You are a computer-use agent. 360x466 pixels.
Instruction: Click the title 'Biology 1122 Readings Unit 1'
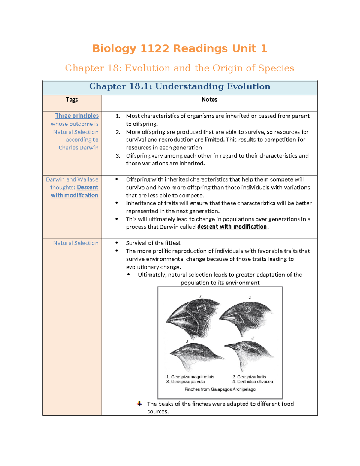pos(179,48)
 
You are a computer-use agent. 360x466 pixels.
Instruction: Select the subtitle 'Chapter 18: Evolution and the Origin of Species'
pos(179,68)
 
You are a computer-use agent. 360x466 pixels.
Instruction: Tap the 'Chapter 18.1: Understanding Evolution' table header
pos(180,86)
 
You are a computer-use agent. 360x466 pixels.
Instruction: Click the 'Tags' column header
pos(72,100)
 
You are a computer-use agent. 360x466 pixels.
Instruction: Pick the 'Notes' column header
pos(209,100)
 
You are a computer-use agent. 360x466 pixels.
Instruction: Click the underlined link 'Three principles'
pos(77,116)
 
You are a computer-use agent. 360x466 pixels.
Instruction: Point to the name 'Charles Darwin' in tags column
pos(79,148)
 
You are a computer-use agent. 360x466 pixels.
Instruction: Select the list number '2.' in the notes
pos(118,132)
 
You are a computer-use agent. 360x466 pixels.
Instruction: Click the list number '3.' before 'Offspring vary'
pos(118,156)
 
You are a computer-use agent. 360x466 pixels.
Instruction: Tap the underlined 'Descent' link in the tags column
pos(88,188)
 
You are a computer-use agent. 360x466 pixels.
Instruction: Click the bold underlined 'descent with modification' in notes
pos(232,227)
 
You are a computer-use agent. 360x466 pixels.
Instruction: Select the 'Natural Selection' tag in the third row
pos(76,243)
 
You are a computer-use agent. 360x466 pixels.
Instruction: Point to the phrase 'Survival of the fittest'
pos(153,243)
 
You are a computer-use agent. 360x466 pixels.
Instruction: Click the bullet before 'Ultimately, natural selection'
pos(129,275)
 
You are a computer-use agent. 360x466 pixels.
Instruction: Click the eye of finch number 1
pos(202,308)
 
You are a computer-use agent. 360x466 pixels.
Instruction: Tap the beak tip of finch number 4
pos(225,345)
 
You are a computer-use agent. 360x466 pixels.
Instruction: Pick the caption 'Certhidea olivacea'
pos(255,382)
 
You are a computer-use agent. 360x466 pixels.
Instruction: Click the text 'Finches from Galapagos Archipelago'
pos(220,389)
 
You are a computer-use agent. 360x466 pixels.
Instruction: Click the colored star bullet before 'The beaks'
pos(139,404)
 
